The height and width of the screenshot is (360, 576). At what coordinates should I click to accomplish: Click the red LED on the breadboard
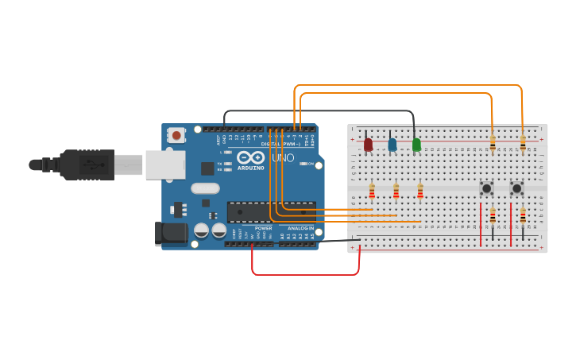[x=368, y=144]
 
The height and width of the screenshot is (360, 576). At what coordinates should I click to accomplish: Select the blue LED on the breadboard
[x=392, y=144]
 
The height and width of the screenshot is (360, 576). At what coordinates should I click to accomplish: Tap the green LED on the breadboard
[x=416, y=144]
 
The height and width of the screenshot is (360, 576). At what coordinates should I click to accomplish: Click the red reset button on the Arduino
[x=176, y=136]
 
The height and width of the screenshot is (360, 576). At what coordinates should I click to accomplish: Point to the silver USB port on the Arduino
[x=165, y=165]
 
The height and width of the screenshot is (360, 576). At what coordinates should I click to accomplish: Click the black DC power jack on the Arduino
[x=171, y=233]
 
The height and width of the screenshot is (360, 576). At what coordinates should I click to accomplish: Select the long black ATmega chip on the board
[x=271, y=212]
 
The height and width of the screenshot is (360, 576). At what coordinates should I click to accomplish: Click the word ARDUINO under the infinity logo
[x=250, y=168]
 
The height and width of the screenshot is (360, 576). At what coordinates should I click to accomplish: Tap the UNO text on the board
[x=283, y=158]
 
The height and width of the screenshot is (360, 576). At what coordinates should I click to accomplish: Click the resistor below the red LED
[x=372, y=191]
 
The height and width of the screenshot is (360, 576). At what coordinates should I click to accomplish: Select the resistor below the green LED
[x=420, y=191]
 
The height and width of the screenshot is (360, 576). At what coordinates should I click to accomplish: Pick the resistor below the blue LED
[x=396, y=191]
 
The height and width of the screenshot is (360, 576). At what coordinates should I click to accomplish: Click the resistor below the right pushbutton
[x=522, y=215]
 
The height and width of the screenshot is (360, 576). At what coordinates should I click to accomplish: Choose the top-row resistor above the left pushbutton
[x=492, y=144]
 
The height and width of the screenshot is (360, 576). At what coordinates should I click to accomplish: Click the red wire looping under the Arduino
[x=306, y=275]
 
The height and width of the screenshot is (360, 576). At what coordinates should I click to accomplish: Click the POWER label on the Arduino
[x=263, y=228]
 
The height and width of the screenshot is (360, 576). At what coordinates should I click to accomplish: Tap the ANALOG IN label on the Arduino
[x=300, y=228]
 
